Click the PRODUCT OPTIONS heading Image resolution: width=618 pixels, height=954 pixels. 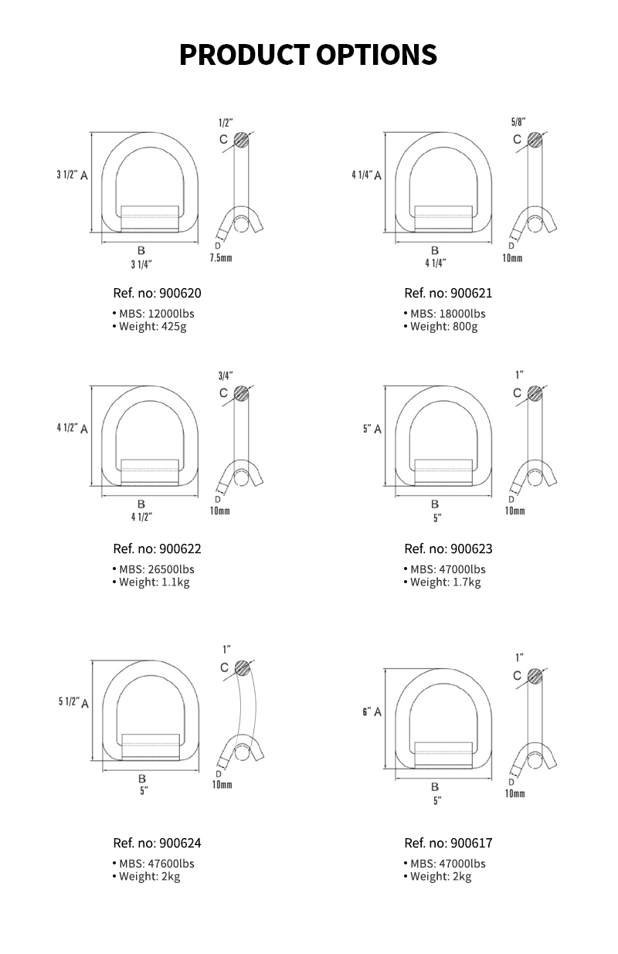coord(308,55)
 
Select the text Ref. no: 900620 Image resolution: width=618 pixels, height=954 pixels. coord(157,294)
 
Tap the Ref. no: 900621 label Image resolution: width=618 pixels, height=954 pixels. coord(448,294)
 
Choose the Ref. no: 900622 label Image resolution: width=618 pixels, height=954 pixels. coord(157,549)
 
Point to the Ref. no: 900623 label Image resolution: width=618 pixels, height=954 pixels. coord(448,549)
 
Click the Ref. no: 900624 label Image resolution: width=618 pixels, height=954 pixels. coord(157,844)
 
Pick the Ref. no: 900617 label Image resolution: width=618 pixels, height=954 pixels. coord(448,844)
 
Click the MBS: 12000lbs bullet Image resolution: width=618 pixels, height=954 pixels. coord(152,314)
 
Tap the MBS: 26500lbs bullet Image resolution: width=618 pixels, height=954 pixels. coord(152,569)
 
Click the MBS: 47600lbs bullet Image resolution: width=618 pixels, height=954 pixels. coord(152,864)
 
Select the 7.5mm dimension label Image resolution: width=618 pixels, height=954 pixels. coord(220,257)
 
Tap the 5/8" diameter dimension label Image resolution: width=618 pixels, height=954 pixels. coord(518,122)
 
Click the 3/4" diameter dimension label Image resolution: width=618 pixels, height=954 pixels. coord(226,376)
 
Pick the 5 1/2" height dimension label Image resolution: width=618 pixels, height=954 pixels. coord(69,701)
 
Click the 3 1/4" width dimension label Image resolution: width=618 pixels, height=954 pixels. coord(141,264)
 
